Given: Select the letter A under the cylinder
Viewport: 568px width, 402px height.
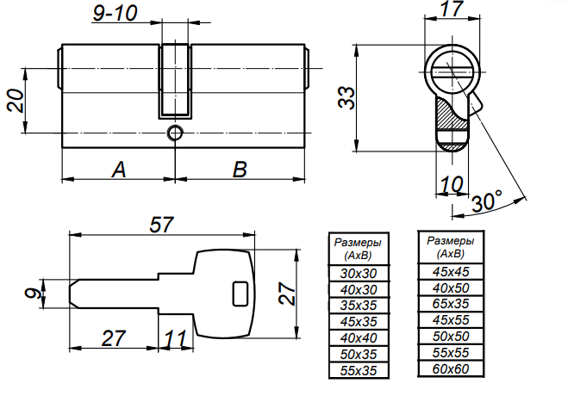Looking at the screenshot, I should pyautogui.click(x=118, y=170).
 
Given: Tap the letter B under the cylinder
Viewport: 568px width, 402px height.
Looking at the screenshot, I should pyautogui.click(x=240, y=170).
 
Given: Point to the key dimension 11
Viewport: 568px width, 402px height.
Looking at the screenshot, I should pyautogui.click(x=177, y=337).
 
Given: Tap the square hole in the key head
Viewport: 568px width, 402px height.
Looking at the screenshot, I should pyautogui.click(x=239, y=294).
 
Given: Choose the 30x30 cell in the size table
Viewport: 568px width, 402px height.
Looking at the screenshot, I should pyautogui.click(x=359, y=273).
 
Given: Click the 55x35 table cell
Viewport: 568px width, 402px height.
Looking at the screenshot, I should pyautogui.click(x=359, y=370).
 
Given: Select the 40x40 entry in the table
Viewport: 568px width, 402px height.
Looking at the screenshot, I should pyautogui.click(x=359, y=337).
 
